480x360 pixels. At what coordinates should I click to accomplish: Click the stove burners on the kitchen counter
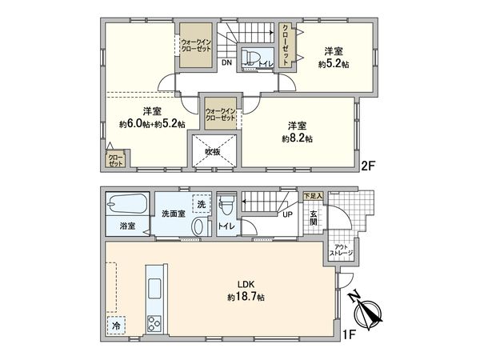pos(153,323)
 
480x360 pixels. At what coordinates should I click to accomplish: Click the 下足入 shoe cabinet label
pos(312,195)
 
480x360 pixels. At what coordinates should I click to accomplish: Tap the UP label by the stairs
pos(286,214)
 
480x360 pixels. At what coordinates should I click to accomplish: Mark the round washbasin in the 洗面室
pos(198,227)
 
